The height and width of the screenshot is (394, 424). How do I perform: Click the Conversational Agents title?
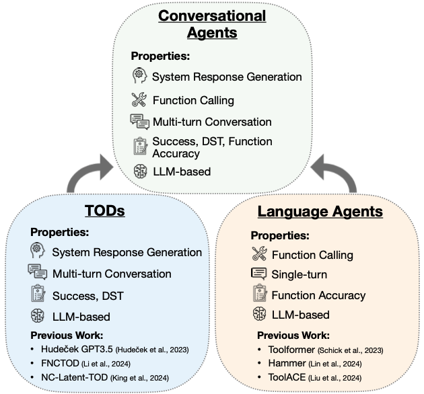point(212,24)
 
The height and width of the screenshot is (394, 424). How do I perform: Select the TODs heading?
point(104,211)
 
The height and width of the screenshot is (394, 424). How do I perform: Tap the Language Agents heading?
point(320,211)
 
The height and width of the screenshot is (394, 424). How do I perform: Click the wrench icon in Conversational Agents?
point(139,100)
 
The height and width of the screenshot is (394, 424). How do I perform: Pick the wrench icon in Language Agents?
point(259,255)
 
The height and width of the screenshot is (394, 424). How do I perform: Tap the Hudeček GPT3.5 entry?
point(110,350)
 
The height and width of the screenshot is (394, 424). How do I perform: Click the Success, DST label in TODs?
point(87,295)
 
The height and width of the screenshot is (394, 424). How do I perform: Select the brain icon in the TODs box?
point(38,315)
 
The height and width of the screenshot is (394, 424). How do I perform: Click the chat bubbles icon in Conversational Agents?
point(139,122)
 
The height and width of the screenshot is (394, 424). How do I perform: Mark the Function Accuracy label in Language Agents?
point(318,295)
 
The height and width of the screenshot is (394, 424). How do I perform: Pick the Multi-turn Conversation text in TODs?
point(112,274)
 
